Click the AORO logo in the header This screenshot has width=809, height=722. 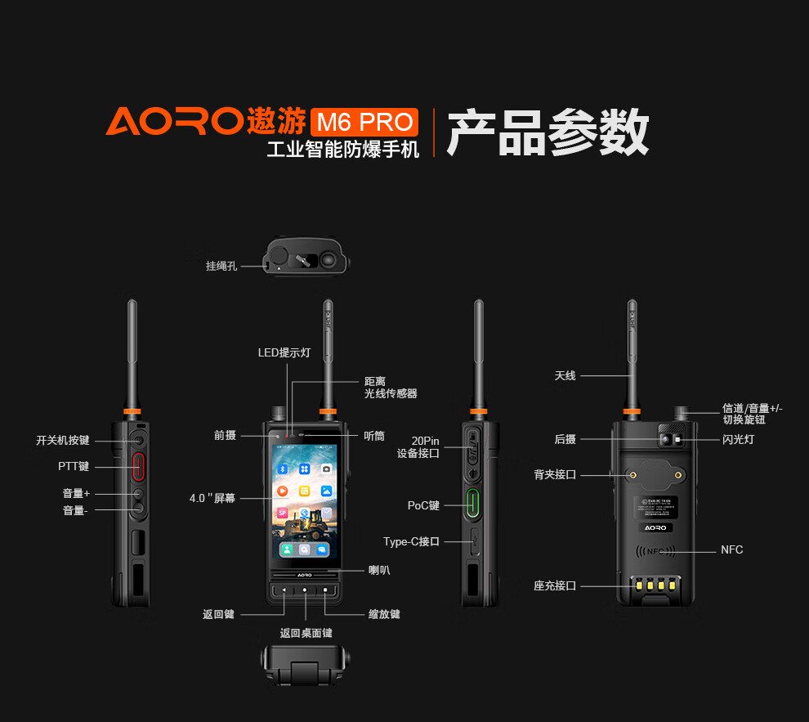(172, 121)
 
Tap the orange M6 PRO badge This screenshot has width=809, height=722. (364, 122)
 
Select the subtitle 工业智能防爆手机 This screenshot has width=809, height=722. (342, 150)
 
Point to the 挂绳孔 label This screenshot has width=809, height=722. (221, 266)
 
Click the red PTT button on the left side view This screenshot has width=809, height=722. (138, 466)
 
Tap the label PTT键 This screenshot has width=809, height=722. (74, 467)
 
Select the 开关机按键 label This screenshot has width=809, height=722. (63, 440)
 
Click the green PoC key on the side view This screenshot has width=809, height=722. (472, 504)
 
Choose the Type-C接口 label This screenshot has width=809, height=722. (411, 541)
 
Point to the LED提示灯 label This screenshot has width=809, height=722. (284, 352)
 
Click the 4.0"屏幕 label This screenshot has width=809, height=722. (212, 497)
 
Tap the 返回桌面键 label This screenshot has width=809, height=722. (306, 633)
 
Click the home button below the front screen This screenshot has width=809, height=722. (305, 590)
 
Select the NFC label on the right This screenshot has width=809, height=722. (731, 549)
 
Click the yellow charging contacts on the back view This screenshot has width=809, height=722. (650, 585)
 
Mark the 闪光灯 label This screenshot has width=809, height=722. (738, 440)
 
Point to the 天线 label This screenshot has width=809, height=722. (565, 375)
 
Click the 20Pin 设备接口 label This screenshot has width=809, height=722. (418, 446)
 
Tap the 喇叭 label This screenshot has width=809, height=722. (378, 570)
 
